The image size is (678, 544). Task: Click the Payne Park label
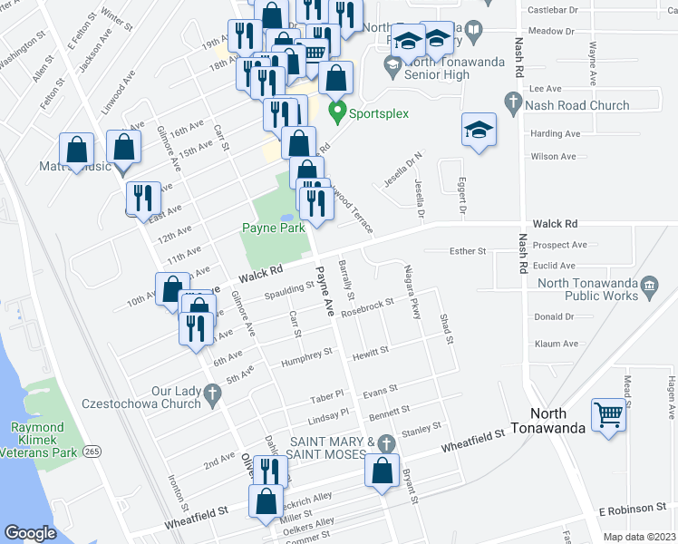coord(272,228)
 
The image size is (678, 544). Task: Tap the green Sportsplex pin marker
coord(337,113)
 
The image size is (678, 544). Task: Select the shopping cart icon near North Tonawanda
coord(608,416)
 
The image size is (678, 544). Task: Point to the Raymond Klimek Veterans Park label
coord(37,434)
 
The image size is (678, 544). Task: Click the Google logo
coord(30,533)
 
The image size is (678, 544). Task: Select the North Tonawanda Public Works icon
coord(649,289)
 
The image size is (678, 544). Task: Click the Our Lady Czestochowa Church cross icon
coord(211,394)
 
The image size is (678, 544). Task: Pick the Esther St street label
coord(469,250)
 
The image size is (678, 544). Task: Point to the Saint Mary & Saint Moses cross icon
coord(387,442)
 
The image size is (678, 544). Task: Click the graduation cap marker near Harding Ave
coord(479,130)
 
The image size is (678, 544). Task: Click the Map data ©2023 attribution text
coord(638,537)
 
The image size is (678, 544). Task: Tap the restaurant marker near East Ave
coord(143,199)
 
